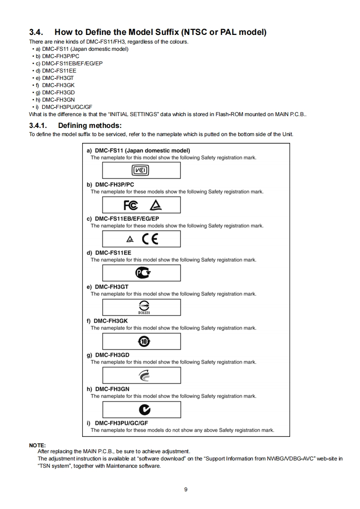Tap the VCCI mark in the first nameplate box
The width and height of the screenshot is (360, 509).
[x=141, y=171]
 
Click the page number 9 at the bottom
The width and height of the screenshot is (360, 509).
[x=186, y=489]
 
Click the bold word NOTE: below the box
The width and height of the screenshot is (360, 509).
[x=37, y=445]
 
